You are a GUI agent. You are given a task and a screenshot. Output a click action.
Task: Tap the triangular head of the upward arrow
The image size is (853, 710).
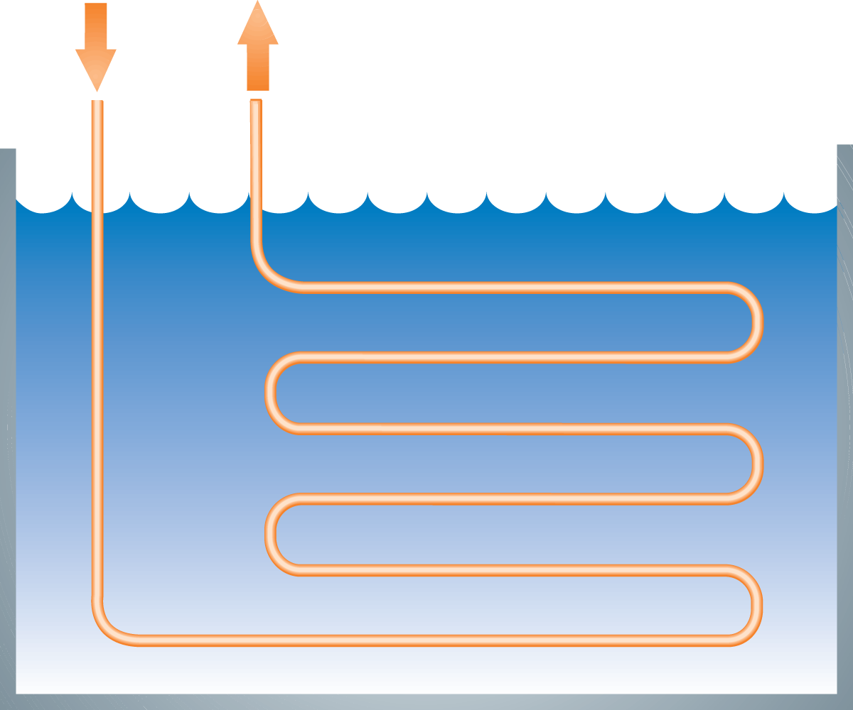pos(258,25)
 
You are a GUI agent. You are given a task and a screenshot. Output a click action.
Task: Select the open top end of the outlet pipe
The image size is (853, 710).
pos(256,103)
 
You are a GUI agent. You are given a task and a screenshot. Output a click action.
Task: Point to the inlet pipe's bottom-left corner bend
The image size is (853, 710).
pos(107,628)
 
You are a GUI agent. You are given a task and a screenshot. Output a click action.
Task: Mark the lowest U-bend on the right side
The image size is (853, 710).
pos(753,605)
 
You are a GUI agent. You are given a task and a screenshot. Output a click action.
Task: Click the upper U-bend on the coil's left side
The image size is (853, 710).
pos(273,393)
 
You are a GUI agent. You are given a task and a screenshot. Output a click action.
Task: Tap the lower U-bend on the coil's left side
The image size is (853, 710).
pos(273,534)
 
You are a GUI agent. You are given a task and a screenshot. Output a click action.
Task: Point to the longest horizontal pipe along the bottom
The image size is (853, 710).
pos(426,640)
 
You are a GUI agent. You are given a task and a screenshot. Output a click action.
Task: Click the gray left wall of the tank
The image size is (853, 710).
pos(8,426)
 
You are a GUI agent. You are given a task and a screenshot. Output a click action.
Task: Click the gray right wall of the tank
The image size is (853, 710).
pos(844,426)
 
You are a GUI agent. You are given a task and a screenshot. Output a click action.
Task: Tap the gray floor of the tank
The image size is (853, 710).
pos(426,701)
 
